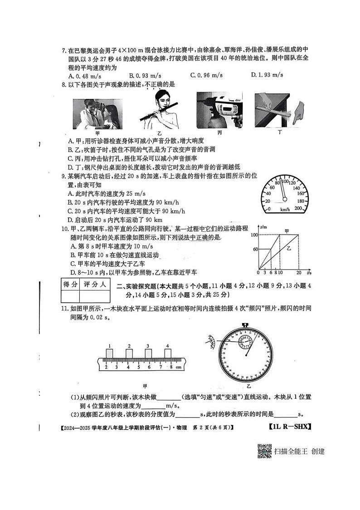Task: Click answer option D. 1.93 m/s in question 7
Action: click(x=270, y=75)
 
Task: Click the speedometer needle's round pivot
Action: click(x=285, y=198)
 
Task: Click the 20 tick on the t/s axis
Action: click(x=299, y=273)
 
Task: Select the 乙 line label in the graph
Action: click(x=288, y=249)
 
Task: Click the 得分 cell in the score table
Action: click(x=69, y=284)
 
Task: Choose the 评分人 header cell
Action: click(x=95, y=284)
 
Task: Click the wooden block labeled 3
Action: click(x=148, y=353)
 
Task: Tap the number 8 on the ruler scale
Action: click(x=171, y=366)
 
